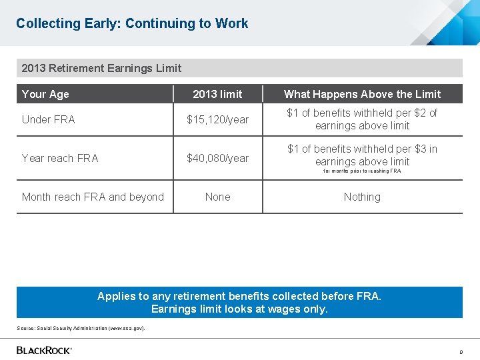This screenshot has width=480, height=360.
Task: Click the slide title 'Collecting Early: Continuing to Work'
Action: click(x=132, y=24)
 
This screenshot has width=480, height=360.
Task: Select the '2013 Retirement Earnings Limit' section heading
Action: click(x=101, y=68)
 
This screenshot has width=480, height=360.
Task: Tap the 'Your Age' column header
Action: click(x=45, y=94)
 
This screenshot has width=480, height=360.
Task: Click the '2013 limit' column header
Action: click(x=217, y=94)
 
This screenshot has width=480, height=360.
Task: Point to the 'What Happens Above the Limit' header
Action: click(x=362, y=94)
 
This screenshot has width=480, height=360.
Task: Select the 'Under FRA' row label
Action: click(x=49, y=119)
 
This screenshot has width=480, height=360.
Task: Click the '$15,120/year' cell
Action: click(x=217, y=120)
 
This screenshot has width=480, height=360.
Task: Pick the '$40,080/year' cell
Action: click(x=217, y=158)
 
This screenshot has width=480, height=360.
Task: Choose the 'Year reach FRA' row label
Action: click(x=60, y=158)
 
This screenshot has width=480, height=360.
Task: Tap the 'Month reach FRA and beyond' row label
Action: click(x=93, y=197)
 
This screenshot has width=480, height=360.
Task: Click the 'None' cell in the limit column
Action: click(x=217, y=197)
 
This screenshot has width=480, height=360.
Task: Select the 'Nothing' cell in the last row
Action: click(x=362, y=197)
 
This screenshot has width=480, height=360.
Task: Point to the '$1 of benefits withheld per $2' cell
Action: click(x=362, y=119)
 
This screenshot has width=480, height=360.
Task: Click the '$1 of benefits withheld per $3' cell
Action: click(x=362, y=155)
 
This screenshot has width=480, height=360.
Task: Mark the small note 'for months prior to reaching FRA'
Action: click(x=362, y=171)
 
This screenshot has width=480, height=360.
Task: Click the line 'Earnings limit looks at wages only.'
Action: click(x=239, y=309)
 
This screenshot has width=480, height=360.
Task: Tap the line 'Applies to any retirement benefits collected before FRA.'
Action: click(x=239, y=296)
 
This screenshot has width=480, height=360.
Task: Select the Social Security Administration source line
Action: click(x=81, y=328)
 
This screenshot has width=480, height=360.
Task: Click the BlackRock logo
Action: click(x=44, y=350)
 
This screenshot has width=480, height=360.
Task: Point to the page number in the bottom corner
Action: click(x=460, y=351)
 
